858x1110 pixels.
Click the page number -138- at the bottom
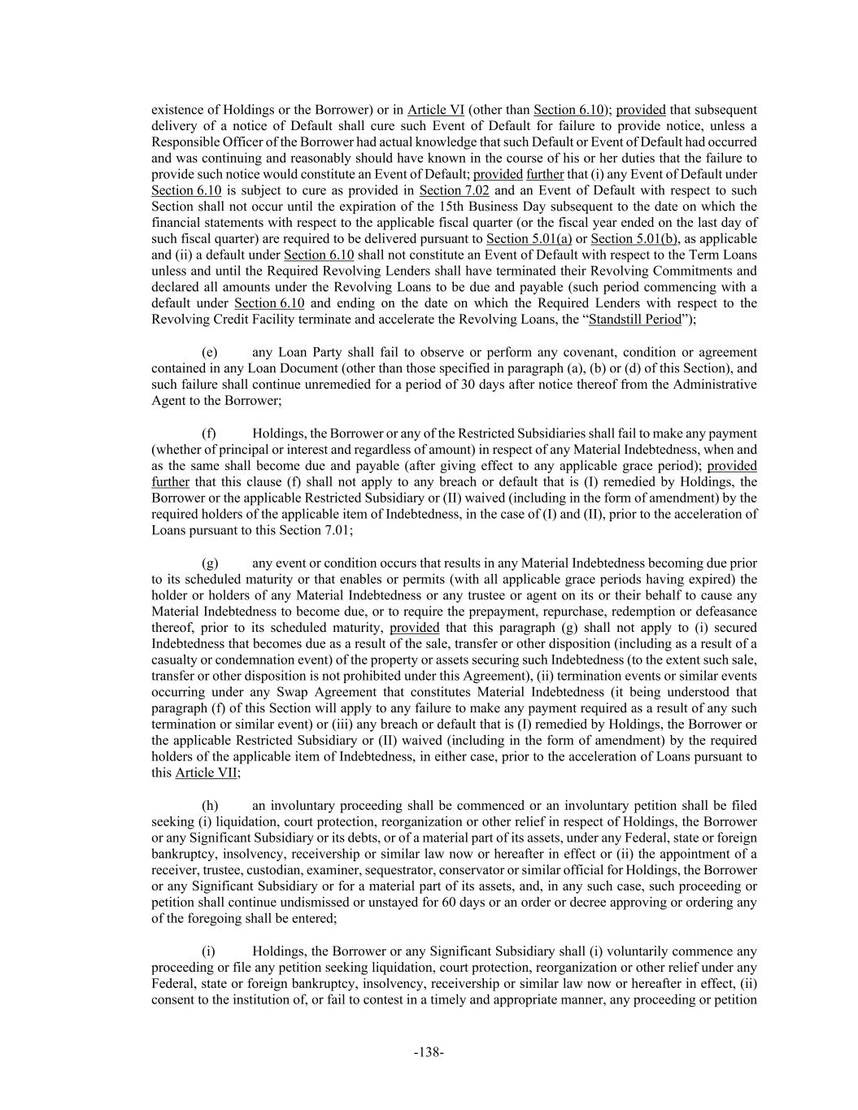point(429,1052)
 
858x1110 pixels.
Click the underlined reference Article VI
point(436,110)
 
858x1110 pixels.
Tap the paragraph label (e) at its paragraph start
point(209,352)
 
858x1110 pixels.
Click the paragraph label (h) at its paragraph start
point(210,805)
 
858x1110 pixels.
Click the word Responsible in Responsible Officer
point(183,142)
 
